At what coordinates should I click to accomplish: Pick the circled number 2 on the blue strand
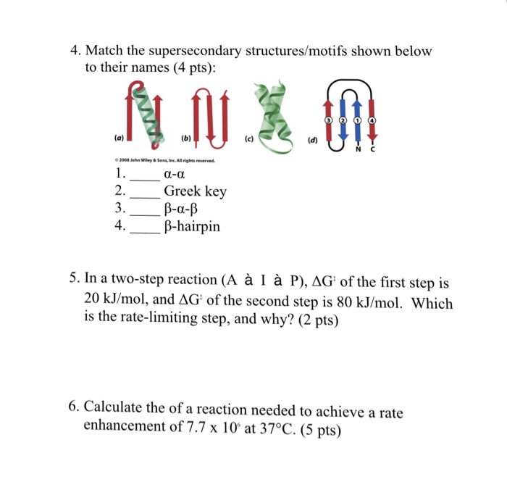pyautogui.click(x=343, y=119)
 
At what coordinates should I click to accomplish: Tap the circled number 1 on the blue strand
pyautogui.click(x=356, y=119)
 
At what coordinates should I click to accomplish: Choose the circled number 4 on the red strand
pyautogui.click(x=372, y=119)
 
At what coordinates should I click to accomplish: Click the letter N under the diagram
pyautogui.click(x=356, y=152)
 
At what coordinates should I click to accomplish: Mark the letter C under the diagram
pyautogui.click(x=371, y=152)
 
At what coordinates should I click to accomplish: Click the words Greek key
pyautogui.click(x=195, y=191)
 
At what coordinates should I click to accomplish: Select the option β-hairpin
pyautogui.click(x=192, y=227)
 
